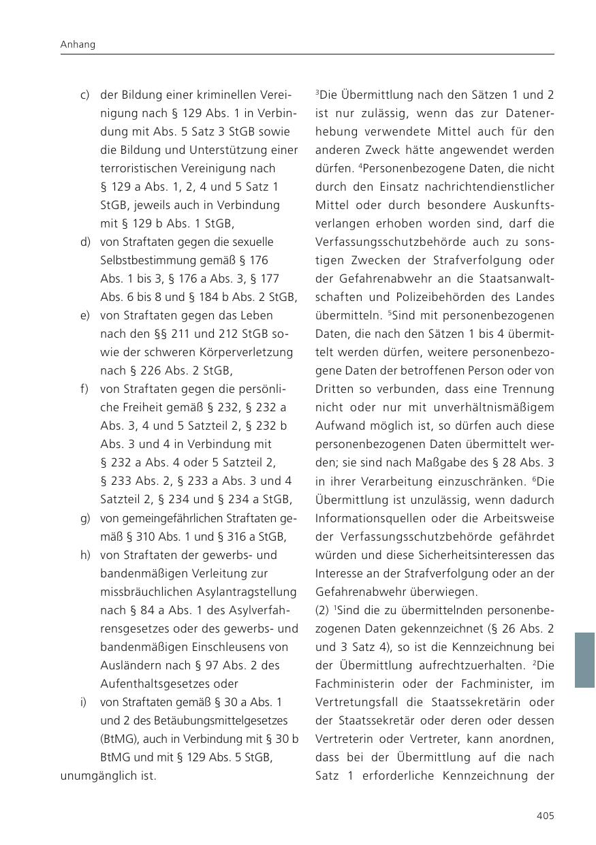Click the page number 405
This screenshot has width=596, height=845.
tap(545, 815)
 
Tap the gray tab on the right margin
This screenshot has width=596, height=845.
tap(584, 659)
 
